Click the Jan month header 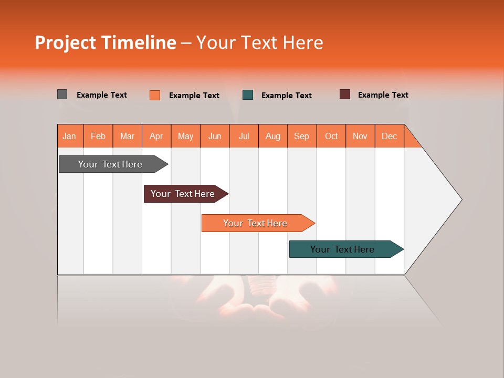click(x=70, y=136)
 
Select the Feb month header click(x=98, y=136)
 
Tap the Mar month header click(x=127, y=136)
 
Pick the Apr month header click(x=156, y=136)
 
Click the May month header click(x=185, y=136)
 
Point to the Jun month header click(x=215, y=136)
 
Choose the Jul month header click(x=244, y=136)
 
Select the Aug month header click(x=273, y=136)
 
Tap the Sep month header click(x=302, y=136)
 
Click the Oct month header click(x=331, y=136)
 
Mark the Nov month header click(x=360, y=136)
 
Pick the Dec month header click(x=390, y=136)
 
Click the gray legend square click(x=62, y=94)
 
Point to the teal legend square click(x=248, y=94)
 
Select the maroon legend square click(x=345, y=94)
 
